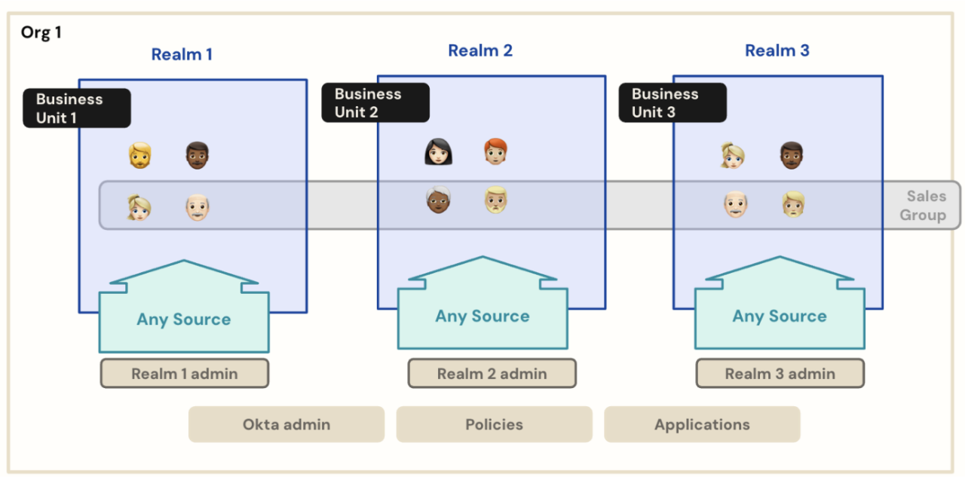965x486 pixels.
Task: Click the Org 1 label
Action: (41, 33)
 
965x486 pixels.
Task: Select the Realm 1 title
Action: (182, 54)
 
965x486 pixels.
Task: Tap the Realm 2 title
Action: (480, 50)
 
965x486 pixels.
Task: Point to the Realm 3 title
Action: (777, 50)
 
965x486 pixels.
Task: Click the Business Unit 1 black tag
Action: (77, 109)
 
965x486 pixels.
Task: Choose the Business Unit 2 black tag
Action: (375, 103)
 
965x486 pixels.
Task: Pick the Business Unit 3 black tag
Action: (672, 103)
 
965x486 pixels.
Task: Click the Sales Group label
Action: (926, 206)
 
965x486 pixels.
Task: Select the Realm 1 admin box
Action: (185, 374)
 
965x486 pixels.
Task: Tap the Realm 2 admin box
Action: (492, 374)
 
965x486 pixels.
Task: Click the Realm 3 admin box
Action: (780, 374)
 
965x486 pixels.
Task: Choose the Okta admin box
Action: (286, 424)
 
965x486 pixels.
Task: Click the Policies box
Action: (494, 424)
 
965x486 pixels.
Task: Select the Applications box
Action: (702, 424)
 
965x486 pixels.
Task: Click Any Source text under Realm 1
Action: (184, 319)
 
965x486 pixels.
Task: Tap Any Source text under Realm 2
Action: (482, 316)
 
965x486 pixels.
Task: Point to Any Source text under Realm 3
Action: (780, 316)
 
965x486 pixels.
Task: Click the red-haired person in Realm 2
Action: (495, 152)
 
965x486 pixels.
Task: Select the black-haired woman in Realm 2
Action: (438, 152)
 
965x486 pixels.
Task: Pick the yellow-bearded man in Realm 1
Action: (139, 156)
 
